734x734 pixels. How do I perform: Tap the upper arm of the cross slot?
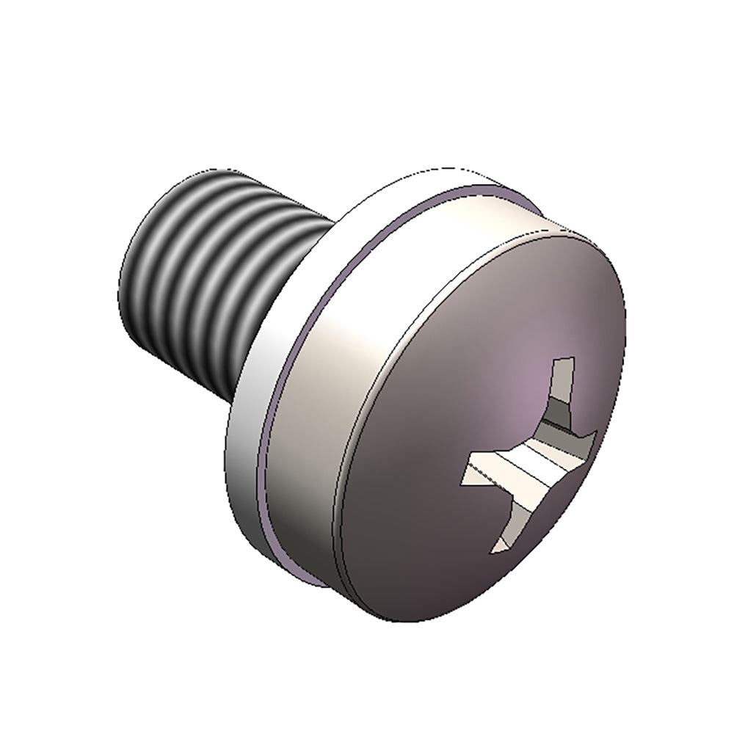pyautogui.click(x=562, y=389)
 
